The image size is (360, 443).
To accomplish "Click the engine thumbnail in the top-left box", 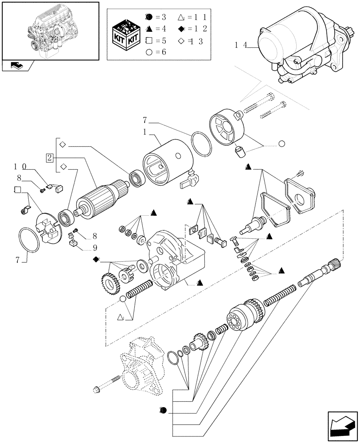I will coord(50,30).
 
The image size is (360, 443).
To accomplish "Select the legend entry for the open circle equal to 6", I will coord(155,52).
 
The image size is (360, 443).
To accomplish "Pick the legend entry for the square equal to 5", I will coord(155,40).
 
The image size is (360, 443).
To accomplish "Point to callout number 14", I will coord(241,45).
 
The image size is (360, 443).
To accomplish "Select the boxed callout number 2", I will coord(50,158).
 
